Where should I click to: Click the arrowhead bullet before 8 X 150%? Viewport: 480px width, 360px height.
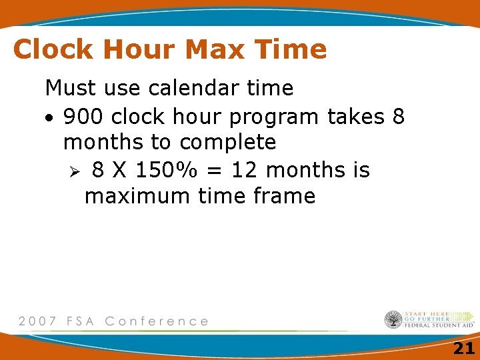pos(75,171)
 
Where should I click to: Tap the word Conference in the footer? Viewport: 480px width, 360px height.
pos(157,321)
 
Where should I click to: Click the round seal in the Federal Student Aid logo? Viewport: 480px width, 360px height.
pos(393,320)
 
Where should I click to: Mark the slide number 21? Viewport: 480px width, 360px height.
pos(463,348)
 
